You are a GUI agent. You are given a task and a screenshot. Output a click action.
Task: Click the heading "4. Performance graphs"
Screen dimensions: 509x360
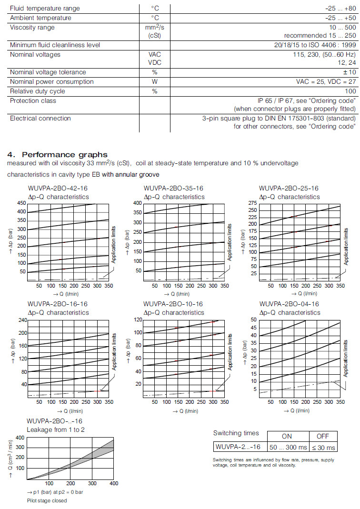[x=58, y=154]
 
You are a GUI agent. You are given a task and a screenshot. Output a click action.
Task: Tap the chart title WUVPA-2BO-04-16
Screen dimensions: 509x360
[x=289, y=304]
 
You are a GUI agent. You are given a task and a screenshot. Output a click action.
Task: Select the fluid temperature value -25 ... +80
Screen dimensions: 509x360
[x=338, y=9]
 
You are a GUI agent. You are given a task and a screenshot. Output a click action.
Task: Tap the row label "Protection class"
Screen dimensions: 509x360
[x=33, y=100]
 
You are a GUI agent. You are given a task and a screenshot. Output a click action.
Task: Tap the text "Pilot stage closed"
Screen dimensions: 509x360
[x=47, y=500]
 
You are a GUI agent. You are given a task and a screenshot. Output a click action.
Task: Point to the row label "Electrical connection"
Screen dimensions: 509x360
[x=40, y=118]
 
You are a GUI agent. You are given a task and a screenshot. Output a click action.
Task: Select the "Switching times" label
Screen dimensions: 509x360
[x=236, y=433]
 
